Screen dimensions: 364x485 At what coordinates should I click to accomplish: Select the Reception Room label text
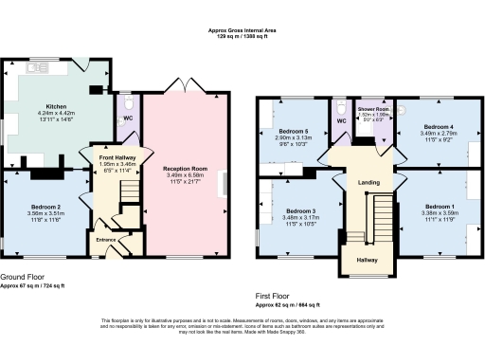(x=186, y=169)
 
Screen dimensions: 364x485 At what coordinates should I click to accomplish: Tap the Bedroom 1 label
(x=439, y=207)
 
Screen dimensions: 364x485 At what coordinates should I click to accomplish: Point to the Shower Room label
(x=373, y=111)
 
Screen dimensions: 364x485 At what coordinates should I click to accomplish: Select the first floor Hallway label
(x=367, y=259)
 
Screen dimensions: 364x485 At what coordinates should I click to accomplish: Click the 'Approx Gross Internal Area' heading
(x=242, y=31)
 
